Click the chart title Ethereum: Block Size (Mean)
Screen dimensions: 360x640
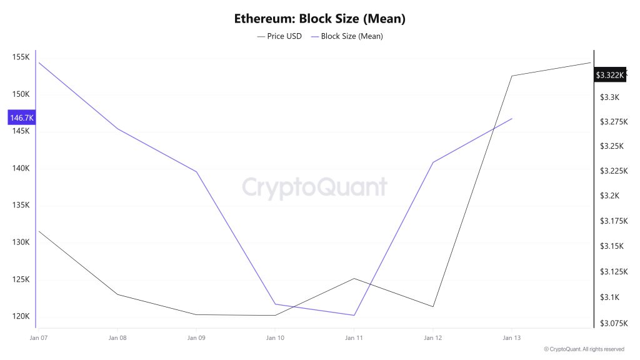coord(320,19)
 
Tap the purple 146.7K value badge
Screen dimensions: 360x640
coord(21,117)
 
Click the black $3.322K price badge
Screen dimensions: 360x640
coord(609,75)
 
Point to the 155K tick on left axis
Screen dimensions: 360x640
coord(21,57)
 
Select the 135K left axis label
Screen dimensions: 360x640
coord(21,206)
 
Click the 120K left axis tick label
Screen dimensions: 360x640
coord(21,316)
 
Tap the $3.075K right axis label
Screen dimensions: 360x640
coord(613,323)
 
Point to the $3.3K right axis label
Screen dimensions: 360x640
coord(609,97)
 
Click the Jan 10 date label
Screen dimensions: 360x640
coord(275,337)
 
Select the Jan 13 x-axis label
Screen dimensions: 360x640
coord(512,337)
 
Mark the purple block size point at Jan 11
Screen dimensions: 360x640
coord(354,315)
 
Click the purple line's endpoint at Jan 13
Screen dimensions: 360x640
coord(512,118)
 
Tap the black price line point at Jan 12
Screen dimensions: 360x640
coord(432,306)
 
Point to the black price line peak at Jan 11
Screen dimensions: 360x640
coord(354,278)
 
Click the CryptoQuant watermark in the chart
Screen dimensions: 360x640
coord(314,187)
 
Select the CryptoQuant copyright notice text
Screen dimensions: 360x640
coord(584,349)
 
